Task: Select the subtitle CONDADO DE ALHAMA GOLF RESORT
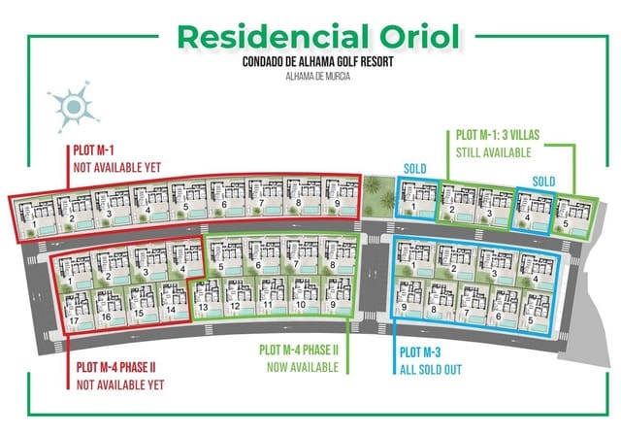pyautogui.click(x=310, y=60)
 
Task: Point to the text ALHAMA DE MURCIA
pyautogui.click(x=310, y=75)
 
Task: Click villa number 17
pyautogui.click(x=74, y=303)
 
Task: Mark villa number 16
pyautogui.click(x=106, y=303)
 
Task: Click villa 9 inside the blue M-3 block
pyautogui.click(x=405, y=297)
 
